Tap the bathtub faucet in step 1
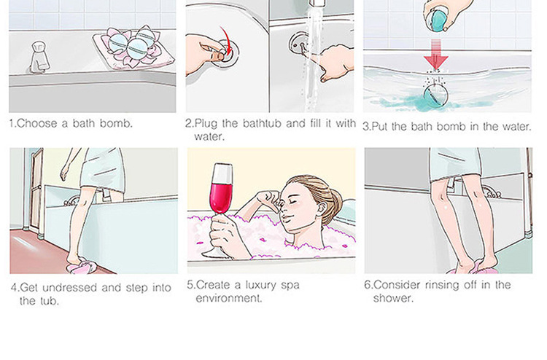tap(39, 57)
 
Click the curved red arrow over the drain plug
tap(227, 41)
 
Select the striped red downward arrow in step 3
tap(436, 54)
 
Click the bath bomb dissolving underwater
tap(435, 95)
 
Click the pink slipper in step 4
tap(82, 267)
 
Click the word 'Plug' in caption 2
tap(206, 124)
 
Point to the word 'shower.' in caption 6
tap(393, 298)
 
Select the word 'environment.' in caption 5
tap(228, 298)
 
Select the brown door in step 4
tap(36, 190)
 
